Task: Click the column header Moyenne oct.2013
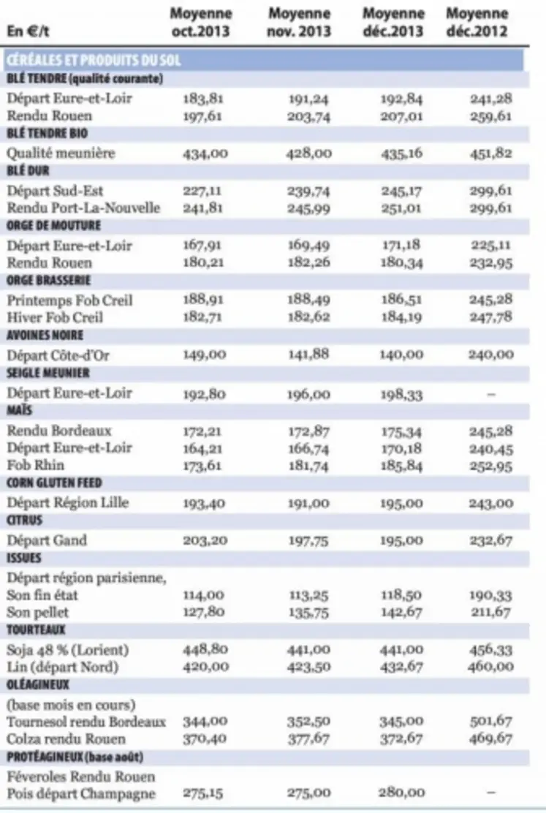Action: click(201, 23)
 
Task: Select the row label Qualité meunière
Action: click(61, 154)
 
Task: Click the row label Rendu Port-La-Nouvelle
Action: click(83, 208)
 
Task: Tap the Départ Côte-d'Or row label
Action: click(58, 355)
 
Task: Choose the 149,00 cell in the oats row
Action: click(201, 355)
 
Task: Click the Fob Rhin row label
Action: click(35, 465)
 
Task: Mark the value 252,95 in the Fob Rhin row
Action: click(490, 465)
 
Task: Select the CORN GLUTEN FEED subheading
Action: click(54, 483)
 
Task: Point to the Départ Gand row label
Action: click(47, 540)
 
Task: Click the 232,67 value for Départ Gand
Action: click(490, 540)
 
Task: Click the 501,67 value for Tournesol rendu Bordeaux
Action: click(490, 722)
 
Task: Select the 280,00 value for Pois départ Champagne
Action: click(401, 793)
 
